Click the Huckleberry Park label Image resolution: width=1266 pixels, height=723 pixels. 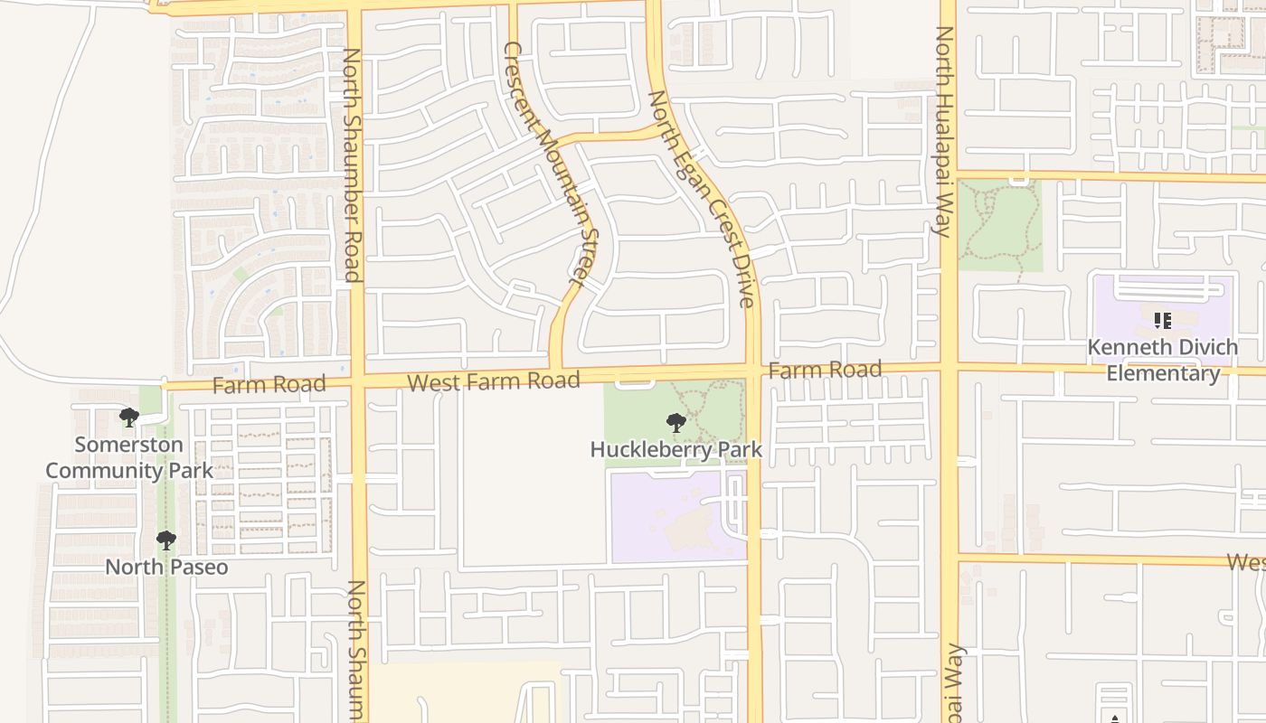[676, 449]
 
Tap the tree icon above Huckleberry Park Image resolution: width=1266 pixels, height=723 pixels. [676, 422]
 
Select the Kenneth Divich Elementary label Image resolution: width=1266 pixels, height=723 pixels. [1163, 360]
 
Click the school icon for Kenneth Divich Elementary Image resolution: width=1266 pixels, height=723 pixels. [1163, 320]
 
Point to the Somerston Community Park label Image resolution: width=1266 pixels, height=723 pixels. [129, 457]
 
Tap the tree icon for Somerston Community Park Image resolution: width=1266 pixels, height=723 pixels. [129, 418]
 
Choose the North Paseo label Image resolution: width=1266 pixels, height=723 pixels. [166, 568]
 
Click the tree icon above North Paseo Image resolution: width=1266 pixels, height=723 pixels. [166, 540]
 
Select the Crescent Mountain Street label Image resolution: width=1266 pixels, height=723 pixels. [552, 167]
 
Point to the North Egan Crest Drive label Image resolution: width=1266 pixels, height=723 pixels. [702, 199]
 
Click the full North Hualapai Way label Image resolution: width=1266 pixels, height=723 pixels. [944, 131]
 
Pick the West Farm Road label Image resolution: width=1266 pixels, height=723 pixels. [493, 381]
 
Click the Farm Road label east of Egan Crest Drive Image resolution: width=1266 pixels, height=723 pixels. [824, 370]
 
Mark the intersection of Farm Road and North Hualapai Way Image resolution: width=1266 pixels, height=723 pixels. [949, 367]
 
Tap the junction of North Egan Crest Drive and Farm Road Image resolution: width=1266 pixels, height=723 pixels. [753, 371]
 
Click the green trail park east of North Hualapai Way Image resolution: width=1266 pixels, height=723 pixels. [999, 226]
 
